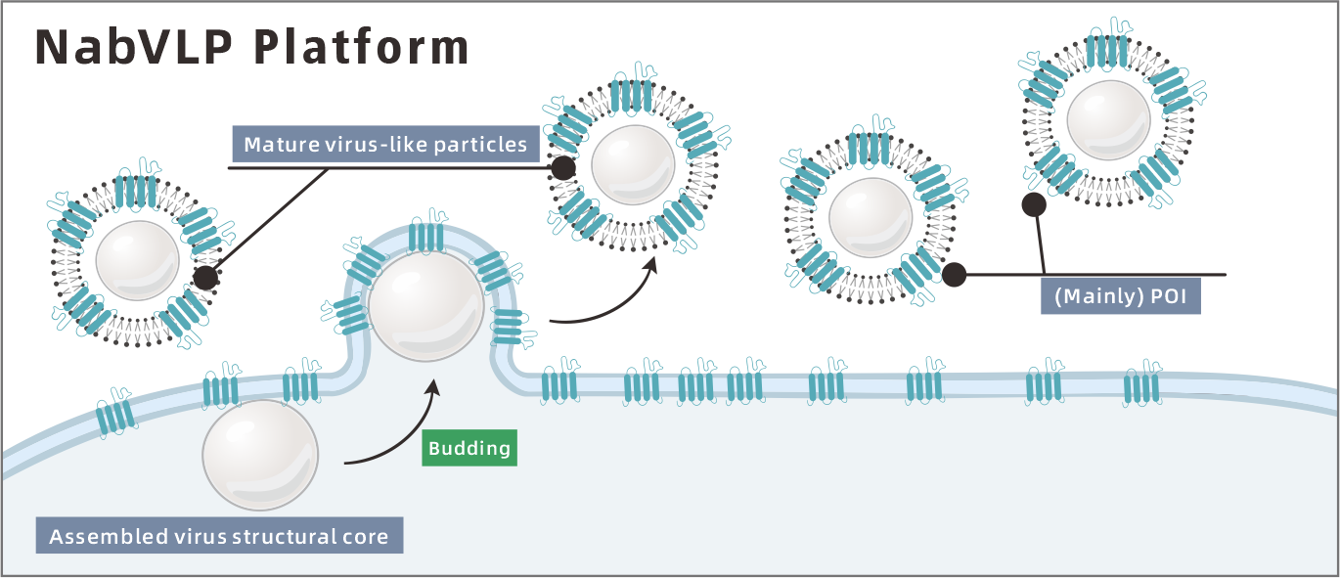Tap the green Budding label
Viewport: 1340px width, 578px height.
coord(469,448)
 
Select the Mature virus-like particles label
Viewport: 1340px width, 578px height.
coord(385,145)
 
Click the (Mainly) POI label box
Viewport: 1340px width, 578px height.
coord(1120,296)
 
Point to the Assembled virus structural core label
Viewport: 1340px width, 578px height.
coord(219,536)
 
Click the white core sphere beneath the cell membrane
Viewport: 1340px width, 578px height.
coord(259,454)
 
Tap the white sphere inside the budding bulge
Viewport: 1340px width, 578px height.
coord(425,304)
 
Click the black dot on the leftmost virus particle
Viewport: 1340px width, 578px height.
coord(205,278)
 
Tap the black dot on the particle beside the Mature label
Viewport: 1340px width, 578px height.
coord(562,169)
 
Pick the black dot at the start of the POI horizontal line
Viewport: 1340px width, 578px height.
coord(954,275)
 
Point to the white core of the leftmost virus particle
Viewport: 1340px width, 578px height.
coord(137,261)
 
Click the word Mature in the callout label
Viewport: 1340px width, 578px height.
coord(276,145)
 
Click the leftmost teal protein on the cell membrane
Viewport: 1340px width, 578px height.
coord(115,414)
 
